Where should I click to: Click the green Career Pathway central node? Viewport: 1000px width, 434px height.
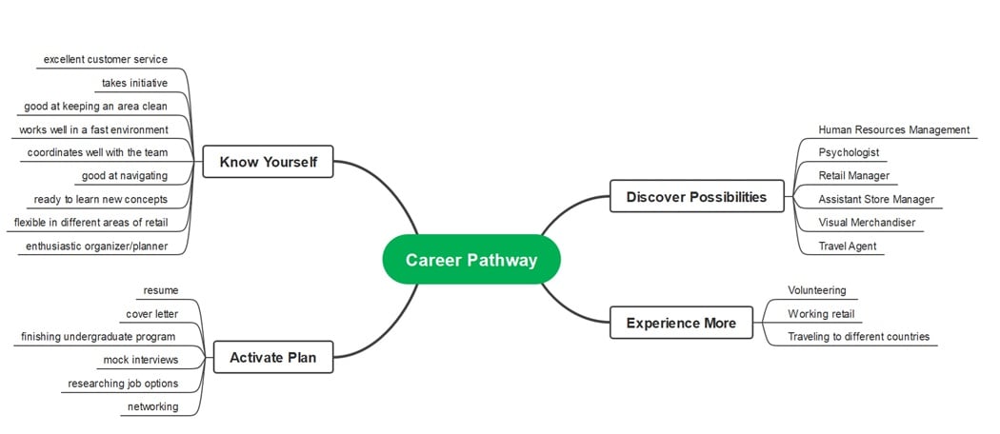[x=471, y=260]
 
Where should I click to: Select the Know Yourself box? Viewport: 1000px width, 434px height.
[x=268, y=162]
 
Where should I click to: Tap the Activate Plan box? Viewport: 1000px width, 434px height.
[x=272, y=358]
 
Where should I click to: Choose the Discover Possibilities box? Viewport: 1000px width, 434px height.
[x=696, y=197]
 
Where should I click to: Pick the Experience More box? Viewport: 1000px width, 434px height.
[x=681, y=323]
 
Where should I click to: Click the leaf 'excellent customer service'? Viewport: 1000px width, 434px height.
[x=106, y=59]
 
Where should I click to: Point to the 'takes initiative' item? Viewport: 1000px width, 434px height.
[x=134, y=83]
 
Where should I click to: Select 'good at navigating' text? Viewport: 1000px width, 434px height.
[x=125, y=175]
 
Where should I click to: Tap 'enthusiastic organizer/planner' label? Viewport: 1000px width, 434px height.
[x=96, y=247]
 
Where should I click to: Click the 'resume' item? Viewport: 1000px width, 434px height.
[x=160, y=290]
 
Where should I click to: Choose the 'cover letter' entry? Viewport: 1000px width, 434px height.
[x=152, y=314]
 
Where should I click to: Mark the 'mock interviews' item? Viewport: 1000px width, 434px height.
[x=141, y=360]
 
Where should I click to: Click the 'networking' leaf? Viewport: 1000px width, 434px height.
[x=152, y=406]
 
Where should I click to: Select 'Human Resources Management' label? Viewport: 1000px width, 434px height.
[x=893, y=129]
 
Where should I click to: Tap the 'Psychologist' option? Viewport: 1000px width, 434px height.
[x=849, y=152]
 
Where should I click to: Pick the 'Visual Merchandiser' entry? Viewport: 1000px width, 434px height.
[x=867, y=223]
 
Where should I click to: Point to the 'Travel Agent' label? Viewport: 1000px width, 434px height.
[x=847, y=247]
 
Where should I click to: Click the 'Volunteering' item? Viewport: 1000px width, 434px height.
[x=816, y=290]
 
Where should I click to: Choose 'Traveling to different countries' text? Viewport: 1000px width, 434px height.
[x=858, y=337]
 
